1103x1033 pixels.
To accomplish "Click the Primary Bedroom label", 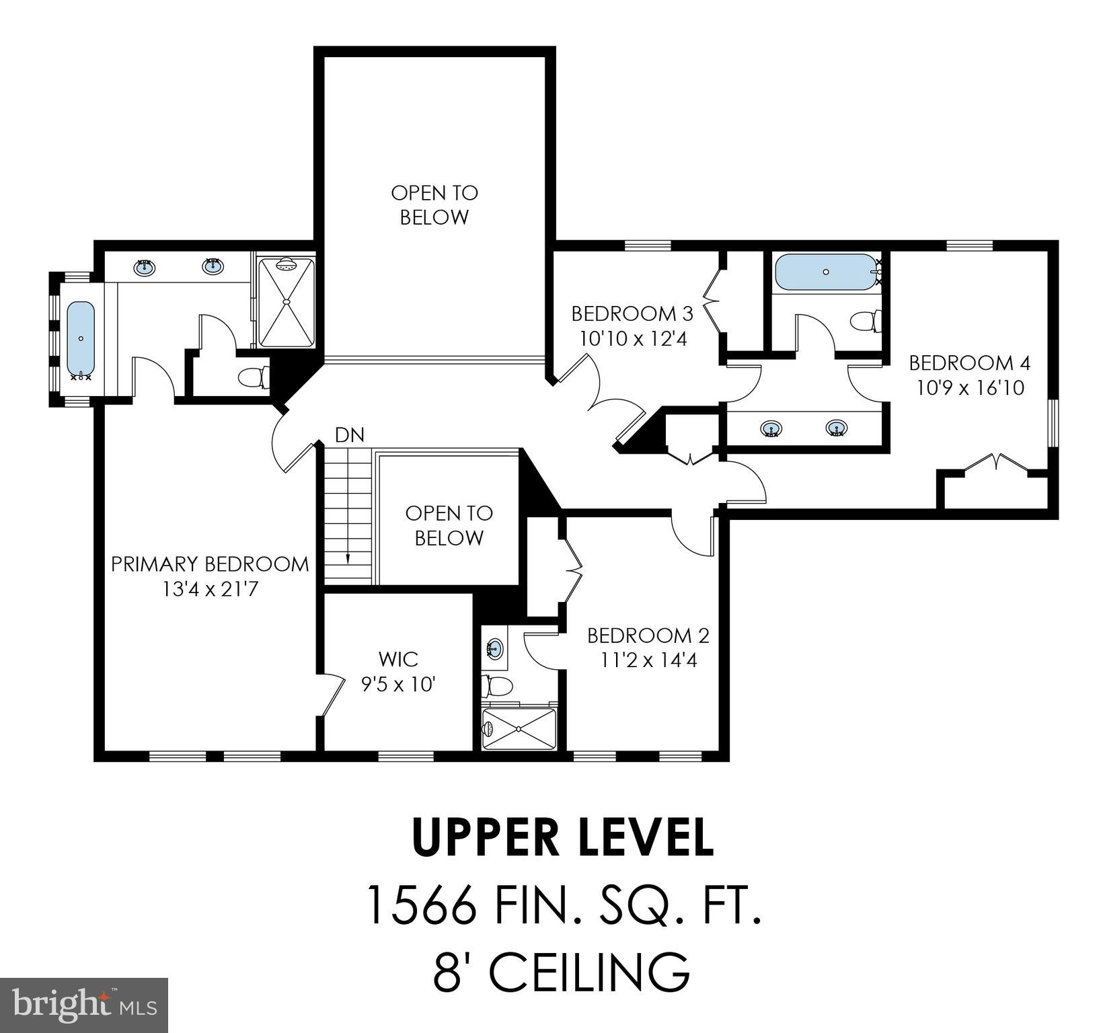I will tap(209, 564).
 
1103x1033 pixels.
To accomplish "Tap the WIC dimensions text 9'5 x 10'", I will tap(398, 685).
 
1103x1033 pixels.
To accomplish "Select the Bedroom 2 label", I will tap(648, 636).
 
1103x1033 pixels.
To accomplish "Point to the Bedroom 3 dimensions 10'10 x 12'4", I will tap(632, 338).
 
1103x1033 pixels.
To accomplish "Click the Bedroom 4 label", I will tap(969, 363).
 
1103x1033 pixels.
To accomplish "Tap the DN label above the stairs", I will tap(349, 436).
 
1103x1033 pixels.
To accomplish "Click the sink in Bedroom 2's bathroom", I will tap(495, 649).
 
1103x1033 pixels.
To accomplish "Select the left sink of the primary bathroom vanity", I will tap(145, 268).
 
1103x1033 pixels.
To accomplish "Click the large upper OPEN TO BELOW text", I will tap(434, 205).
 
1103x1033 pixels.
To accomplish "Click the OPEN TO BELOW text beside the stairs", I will tap(449, 525).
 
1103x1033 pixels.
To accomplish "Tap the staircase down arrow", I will tap(348, 557).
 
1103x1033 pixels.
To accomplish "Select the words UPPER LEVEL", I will tap(562, 838).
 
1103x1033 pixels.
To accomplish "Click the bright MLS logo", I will tap(84, 1005).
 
